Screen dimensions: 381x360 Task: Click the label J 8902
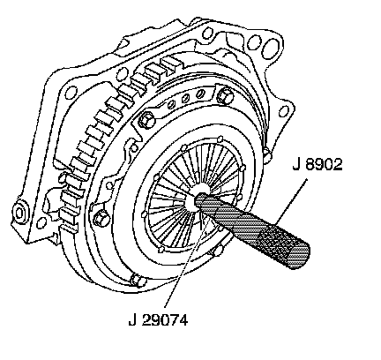coord(317,165)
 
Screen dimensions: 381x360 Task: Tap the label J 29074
coord(158,319)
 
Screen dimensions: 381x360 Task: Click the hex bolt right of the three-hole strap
coord(225,95)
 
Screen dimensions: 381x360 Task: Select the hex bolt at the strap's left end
coord(146,120)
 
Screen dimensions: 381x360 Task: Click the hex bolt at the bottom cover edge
coord(138,280)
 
